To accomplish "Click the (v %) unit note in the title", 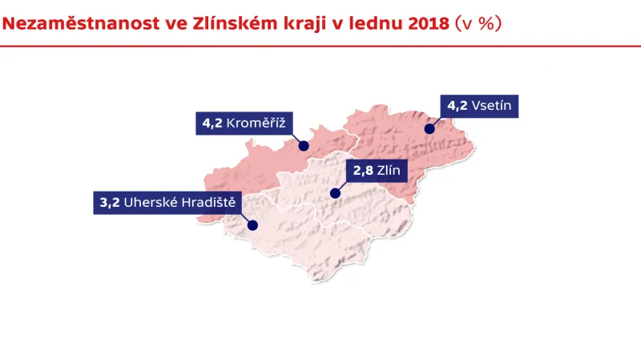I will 478,23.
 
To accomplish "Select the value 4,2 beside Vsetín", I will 457,106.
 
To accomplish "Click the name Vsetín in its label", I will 495,106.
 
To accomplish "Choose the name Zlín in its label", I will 393,170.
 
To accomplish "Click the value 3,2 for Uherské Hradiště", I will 110,203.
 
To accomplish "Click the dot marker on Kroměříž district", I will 304,146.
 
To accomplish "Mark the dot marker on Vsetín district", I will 429,128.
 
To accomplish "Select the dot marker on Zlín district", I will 334,193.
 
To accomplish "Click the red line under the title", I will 320,47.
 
